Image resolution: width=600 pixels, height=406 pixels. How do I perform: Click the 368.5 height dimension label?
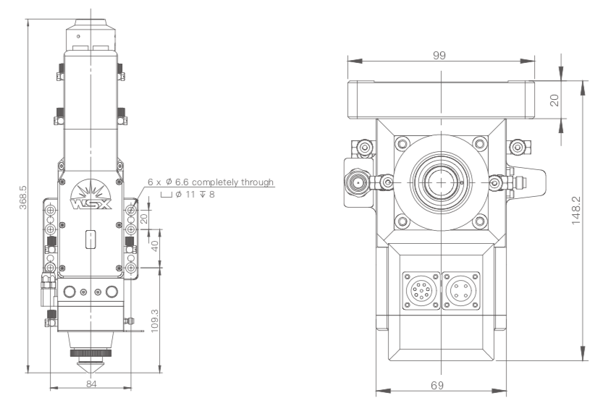point(23,198)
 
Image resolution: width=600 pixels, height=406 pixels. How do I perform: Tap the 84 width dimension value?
point(91,384)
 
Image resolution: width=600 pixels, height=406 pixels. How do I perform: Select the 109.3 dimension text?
point(154,321)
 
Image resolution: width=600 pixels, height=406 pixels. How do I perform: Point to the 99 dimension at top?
point(439,56)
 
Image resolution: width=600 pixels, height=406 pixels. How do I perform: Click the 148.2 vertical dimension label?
point(576,210)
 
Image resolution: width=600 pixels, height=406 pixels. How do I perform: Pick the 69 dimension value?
point(436,385)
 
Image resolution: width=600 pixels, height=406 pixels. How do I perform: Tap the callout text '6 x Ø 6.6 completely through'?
point(211,182)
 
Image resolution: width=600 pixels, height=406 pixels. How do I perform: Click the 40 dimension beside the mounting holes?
point(155,246)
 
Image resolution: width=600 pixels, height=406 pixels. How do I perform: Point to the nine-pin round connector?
point(421,290)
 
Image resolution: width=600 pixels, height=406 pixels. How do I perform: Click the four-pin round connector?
point(461,290)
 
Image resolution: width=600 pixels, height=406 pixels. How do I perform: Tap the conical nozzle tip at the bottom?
point(90,366)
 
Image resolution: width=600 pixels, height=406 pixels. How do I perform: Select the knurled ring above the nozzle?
point(90,352)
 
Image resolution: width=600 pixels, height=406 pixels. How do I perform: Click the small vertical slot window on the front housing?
point(90,239)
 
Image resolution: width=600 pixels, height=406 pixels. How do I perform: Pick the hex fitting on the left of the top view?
point(358,183)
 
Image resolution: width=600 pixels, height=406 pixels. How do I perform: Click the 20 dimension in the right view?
point(554,101)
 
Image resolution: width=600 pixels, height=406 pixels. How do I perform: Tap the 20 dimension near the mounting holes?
point(144,219)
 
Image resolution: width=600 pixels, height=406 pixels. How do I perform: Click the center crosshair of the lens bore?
point(441,182)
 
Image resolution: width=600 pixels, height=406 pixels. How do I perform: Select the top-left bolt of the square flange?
point(402,144)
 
